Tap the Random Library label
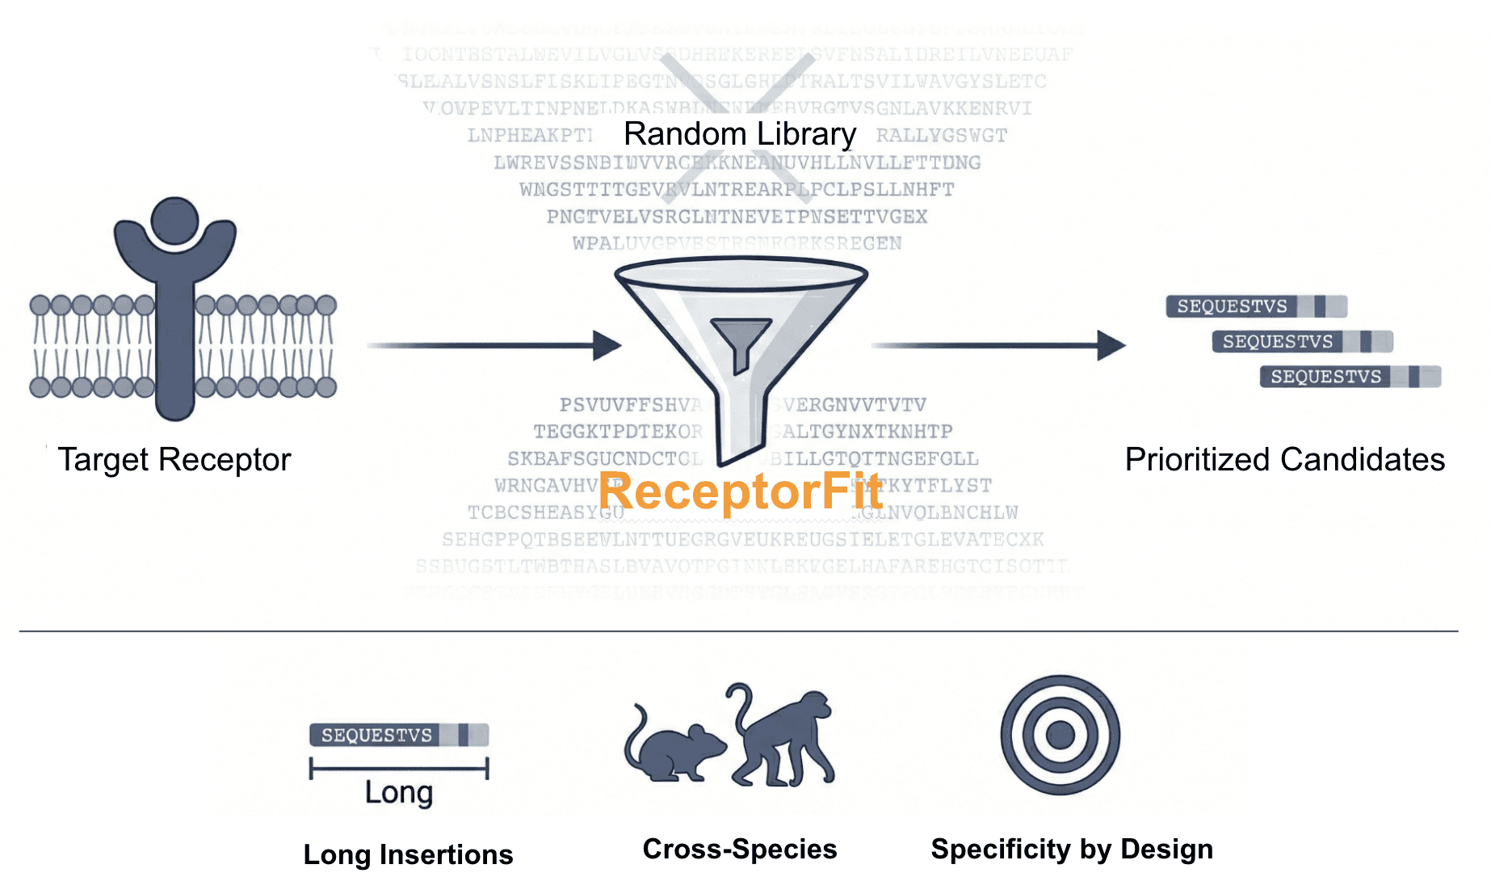[740, 134]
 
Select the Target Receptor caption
[174, 460]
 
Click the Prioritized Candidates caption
[1284, 460]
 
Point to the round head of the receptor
[174, 220]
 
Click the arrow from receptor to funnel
[493, 345]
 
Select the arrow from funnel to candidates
[997, 345]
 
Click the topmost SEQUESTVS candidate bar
[1256, 306]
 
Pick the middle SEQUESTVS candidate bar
[1302, 342]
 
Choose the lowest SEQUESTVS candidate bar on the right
[1350, 377]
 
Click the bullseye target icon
[1060, 735]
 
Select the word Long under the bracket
[399, 793]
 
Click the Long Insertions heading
[408, 854]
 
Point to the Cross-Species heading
[740, 849]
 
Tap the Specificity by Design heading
[1072, 849]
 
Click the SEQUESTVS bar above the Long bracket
[399, 735]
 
